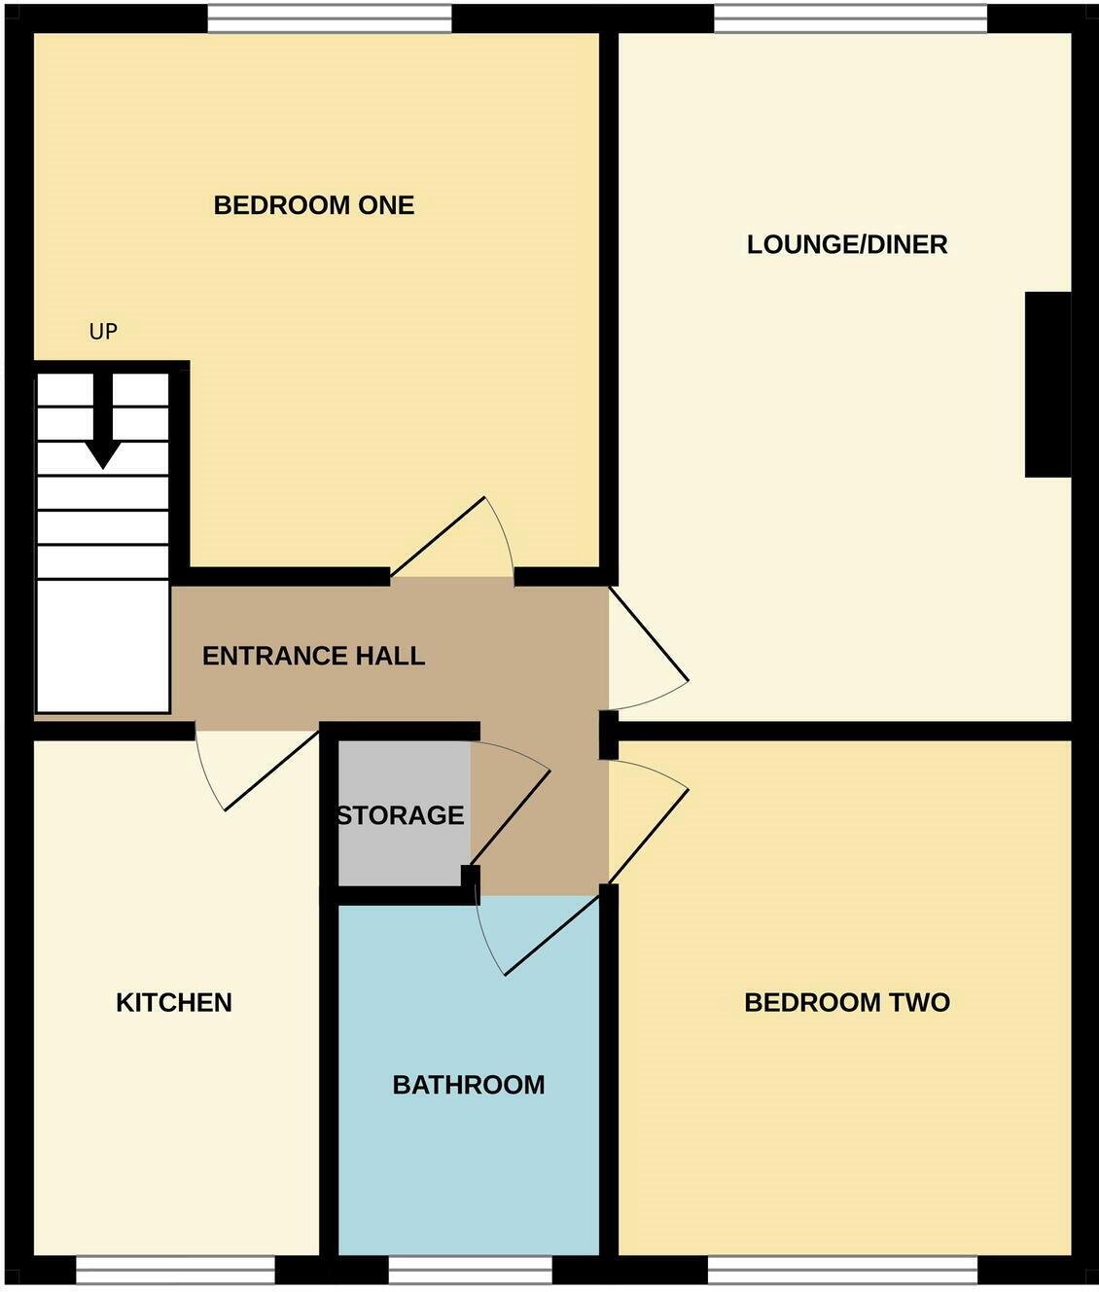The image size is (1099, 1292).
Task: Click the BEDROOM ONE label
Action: click(x=314, y=205)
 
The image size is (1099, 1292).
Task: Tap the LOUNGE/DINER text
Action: click(x=847, y=244)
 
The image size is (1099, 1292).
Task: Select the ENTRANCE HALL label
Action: click(x=313, y=656)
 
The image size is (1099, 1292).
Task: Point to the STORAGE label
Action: click(x=400, y=815)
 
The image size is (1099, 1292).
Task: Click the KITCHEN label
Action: click(x=174, y=1003)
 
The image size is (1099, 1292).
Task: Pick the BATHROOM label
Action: click(x=468, y=1085)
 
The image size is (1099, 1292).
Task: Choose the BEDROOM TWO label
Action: click(x=846, y=1003)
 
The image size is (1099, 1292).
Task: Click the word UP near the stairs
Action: click(x=103, y=332)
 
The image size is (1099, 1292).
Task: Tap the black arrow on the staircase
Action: click(x=102, y=428)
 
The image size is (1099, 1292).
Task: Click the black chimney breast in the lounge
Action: click(x=1047, y=384)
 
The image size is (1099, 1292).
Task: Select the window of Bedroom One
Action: click(x=330, y=18)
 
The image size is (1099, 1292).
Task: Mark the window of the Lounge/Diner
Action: click(x=850, y=18)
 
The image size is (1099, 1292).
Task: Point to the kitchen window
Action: click(x=175, y=1270)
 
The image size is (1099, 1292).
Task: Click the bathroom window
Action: click(x=470, y=1270)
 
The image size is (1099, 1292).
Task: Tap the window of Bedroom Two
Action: click(x=842, y=1270)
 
